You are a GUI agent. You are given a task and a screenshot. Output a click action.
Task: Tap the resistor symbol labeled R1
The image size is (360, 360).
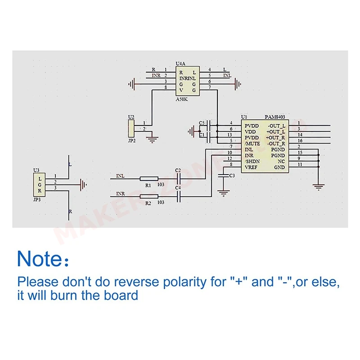[x=148, y=179]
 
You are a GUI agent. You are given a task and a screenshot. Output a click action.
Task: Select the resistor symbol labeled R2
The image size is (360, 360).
[x=148, y=196]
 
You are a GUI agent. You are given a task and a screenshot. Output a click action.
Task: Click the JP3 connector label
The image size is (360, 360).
[x=37, y=198]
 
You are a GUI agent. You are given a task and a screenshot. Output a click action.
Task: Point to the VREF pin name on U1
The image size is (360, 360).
[x=252, y=167]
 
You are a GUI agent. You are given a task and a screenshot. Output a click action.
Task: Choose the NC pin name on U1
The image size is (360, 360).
[x=281, y=161]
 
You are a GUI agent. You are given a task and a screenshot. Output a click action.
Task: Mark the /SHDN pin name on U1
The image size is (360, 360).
[x=252, y=161]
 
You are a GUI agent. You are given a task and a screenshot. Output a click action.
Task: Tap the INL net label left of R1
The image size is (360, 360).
[x=121, y=176]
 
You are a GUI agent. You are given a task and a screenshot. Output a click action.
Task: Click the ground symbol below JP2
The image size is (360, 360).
[x=153, y=140]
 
